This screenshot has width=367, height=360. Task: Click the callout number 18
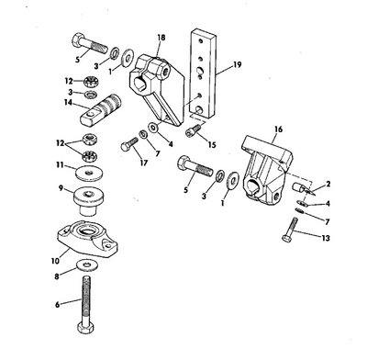(x=161, y=38)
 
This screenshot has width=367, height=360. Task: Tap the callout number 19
(x=237, y=64)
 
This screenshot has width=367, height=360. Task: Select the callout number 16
(x=278, y=129)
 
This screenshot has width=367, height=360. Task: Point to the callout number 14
(x=68, y=102)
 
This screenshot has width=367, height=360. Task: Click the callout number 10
(x=55, y=261)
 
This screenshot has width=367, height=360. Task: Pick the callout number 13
(x=326, y=238)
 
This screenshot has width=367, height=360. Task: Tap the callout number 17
(x=144, y=163)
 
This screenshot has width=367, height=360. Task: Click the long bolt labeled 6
(x=86, y=305)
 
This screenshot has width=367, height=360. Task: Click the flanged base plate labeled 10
(x=88, y=239)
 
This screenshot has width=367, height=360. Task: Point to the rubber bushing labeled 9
(x=89, y=198)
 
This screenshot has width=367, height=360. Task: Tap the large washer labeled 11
(x=89, y=174)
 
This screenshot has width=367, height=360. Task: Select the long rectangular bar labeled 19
(x=203, y=74)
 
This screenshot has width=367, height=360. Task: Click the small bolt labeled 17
(x=129, y=144)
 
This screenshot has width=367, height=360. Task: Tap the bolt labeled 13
(x=290, y=230)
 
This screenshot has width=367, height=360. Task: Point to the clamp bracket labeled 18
(x=157, y=90)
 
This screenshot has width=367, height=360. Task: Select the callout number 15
(x=212, y=144)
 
